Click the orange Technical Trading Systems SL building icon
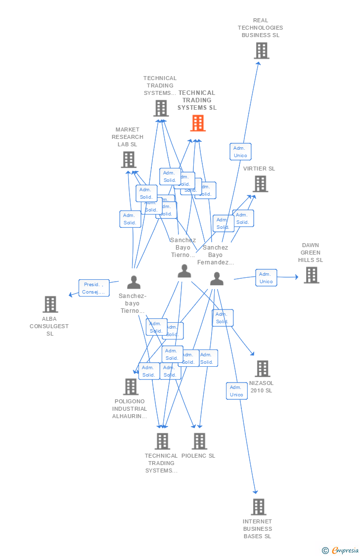coord(198,123)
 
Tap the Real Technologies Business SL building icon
coord(261,50)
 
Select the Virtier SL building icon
coord(260,184)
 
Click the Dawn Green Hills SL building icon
coord(311,275)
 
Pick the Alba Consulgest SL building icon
coord(50,304)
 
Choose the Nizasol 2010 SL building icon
coord(262,369)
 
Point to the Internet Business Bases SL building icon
coord(258,507)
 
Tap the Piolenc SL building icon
coord(199,441)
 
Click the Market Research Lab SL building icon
coord(128,160)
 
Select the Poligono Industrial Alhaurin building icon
coord(131,387)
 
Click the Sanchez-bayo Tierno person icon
coord(134,282)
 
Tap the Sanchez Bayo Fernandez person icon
coord(217,279)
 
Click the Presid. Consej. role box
coord(93,288)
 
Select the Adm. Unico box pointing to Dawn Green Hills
coord(266,278)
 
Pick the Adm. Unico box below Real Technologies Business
coord(240,152)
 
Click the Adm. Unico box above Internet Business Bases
coord(237,391)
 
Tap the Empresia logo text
coord(345,550)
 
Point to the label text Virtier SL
coord(259,169)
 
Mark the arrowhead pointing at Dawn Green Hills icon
coord(296,277)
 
